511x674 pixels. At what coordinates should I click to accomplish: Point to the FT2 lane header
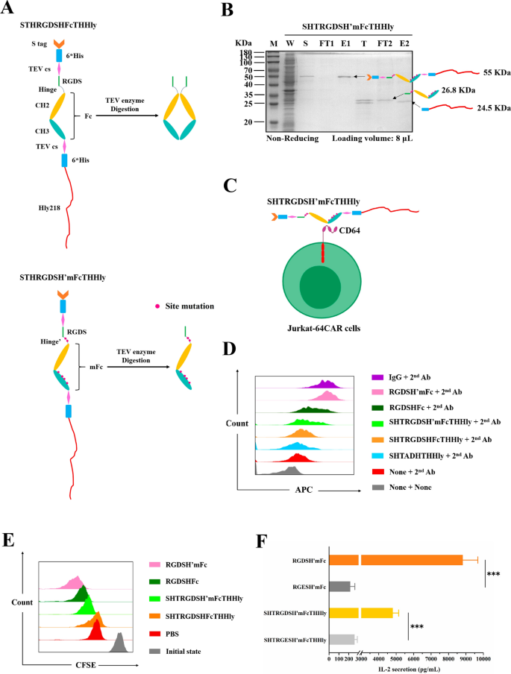click(383, 43)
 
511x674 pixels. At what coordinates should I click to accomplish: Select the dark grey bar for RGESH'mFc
click(340, 566)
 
